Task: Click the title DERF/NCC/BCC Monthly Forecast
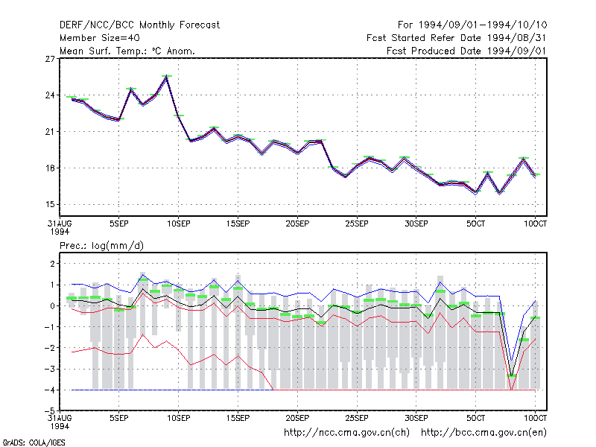[139, 25]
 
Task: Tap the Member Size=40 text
[100, 38]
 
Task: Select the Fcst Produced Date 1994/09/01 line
[466, 51]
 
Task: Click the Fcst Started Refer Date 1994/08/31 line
[457, 38]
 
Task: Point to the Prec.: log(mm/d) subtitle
[101, 246]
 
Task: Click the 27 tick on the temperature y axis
[50, 59]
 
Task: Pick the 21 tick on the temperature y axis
[50, 132]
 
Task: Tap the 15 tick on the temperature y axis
[50, 204]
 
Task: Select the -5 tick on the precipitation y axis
[49, 411]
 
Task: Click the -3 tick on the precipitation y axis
[49, 369]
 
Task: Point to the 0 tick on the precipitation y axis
[52, 306]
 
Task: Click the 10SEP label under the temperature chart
[179, 224]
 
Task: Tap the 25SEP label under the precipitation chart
[357, 418]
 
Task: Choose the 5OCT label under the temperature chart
[476, 224]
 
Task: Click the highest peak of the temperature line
[166, 77]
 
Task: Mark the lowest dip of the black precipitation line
[512, 375]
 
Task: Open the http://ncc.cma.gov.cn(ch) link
[346, 433]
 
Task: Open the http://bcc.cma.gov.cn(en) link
[484, 433]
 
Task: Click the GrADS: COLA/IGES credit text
[34, 443]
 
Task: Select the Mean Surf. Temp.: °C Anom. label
[127, 51]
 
